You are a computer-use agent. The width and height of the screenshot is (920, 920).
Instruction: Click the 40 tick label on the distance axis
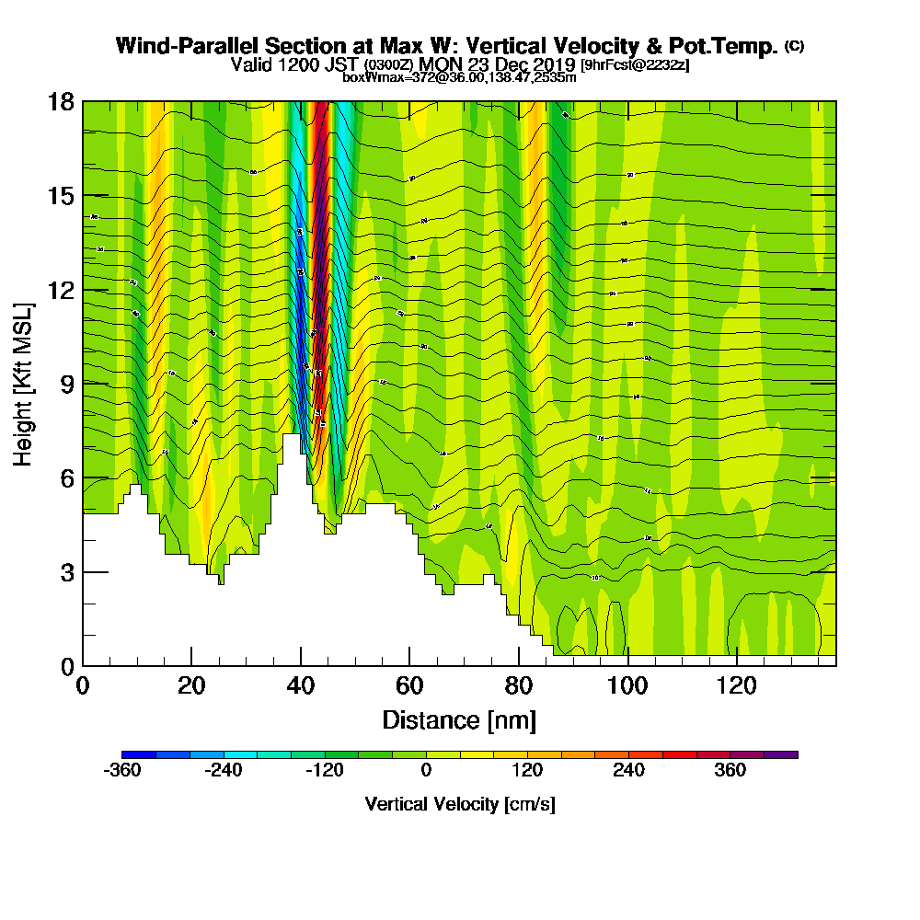click(301, 685)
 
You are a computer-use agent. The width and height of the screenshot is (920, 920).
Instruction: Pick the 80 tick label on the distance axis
click(519, 685)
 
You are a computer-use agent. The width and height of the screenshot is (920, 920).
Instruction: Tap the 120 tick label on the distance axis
click(737, 685)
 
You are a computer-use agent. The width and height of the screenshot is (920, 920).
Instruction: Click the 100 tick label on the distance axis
click(627, 685)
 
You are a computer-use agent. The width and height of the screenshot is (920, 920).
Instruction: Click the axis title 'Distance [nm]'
click(459, 719)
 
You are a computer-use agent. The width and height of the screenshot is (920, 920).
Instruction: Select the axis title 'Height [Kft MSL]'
click(24, 383)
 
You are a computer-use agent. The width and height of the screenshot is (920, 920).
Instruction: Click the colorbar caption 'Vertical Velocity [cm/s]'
click(460, 804)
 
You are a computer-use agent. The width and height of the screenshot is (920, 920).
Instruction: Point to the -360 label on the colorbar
click(123, 771)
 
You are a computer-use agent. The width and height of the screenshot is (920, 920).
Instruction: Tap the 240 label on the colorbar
click(629, 771)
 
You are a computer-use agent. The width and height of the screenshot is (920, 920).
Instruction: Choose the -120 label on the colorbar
click(324, 771)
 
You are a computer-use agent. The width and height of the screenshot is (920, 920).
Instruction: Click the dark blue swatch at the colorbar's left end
click(139, 754)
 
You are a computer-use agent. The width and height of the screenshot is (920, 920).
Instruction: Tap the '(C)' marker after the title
click(794, 46)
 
